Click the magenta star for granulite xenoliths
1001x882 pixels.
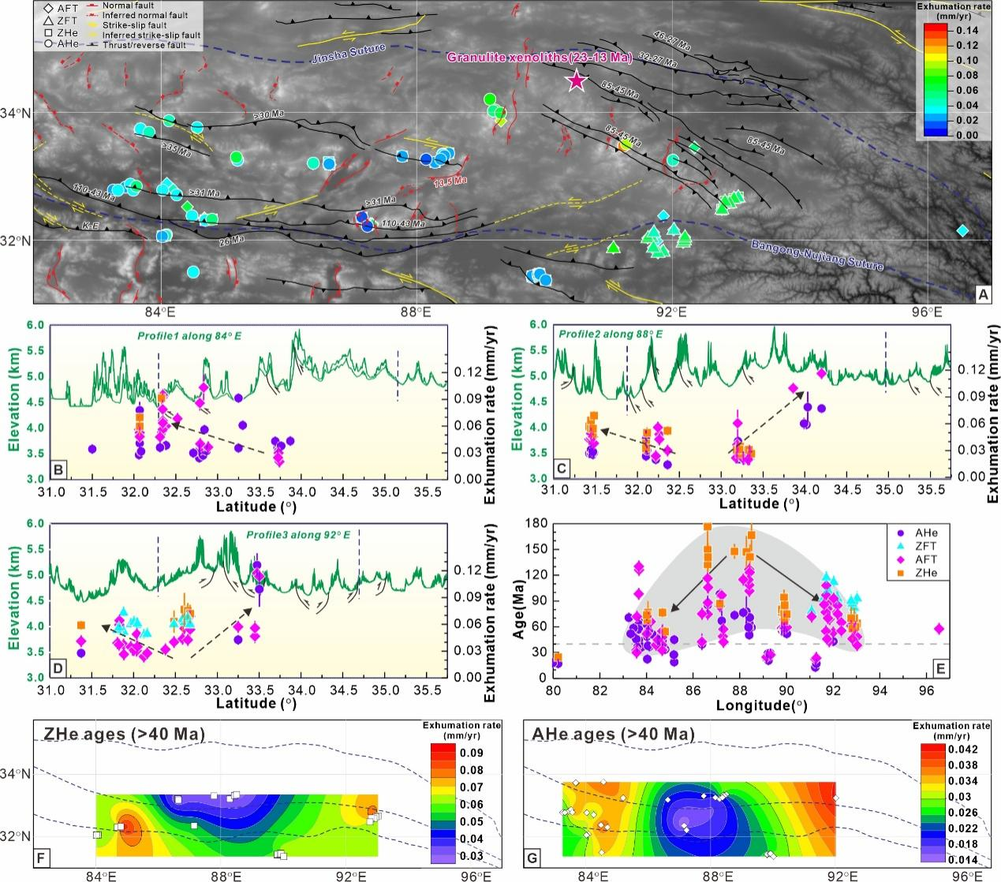(577, 80)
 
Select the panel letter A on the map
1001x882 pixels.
(981, 293)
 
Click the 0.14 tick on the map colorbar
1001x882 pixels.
(969, 31)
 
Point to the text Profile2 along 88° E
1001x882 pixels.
(611, 334)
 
